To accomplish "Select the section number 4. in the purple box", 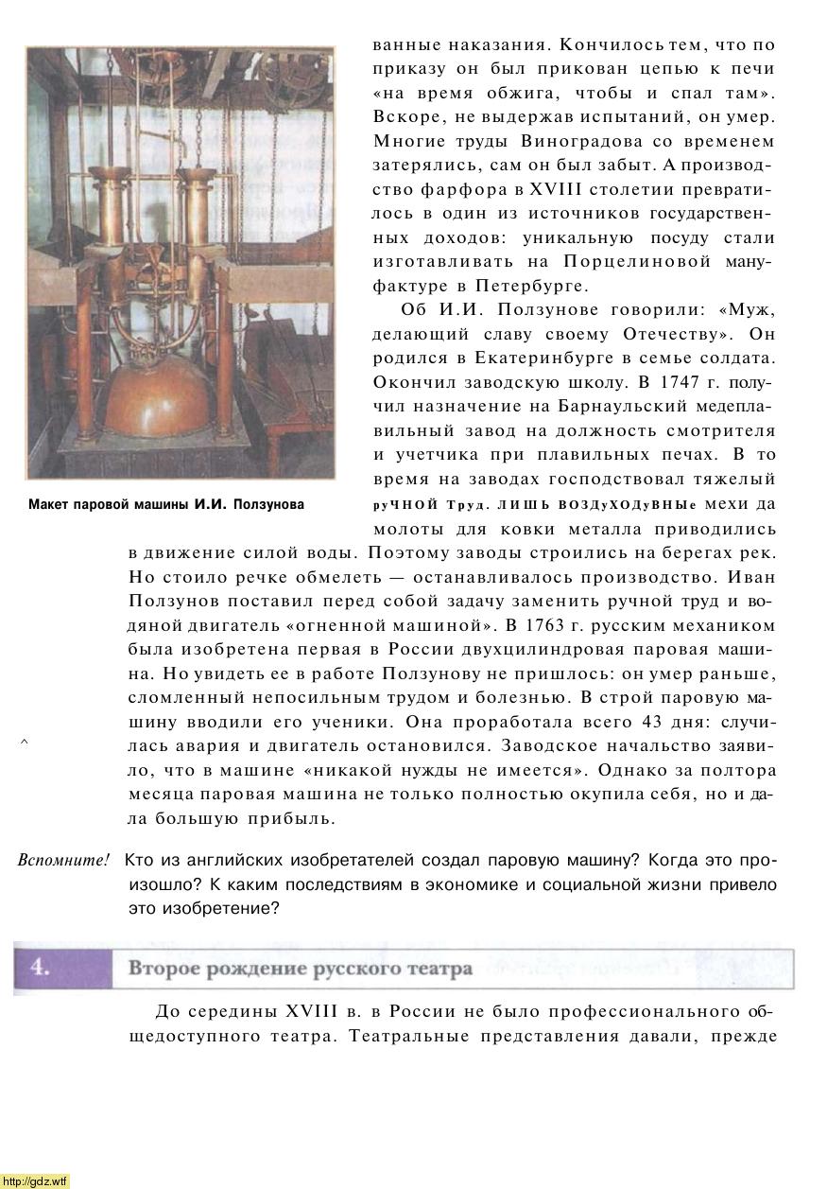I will pyautogui.click(x=40, y=967).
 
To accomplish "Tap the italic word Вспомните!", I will pyautogui.click(x=63, y=861).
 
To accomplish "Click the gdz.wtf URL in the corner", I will pyautogui.click(x=36, y=1180).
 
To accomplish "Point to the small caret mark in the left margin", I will pyautogui.click(x=25, y=743).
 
